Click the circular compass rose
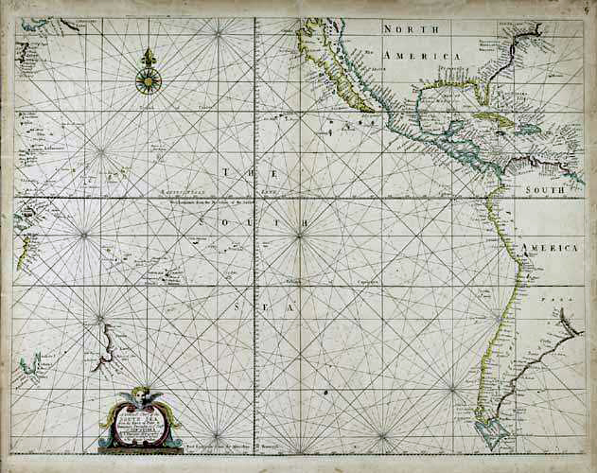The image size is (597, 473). pos(149,81)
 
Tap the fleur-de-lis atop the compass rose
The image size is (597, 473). pos(149,59)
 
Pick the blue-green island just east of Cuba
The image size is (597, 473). pos(528,128)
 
